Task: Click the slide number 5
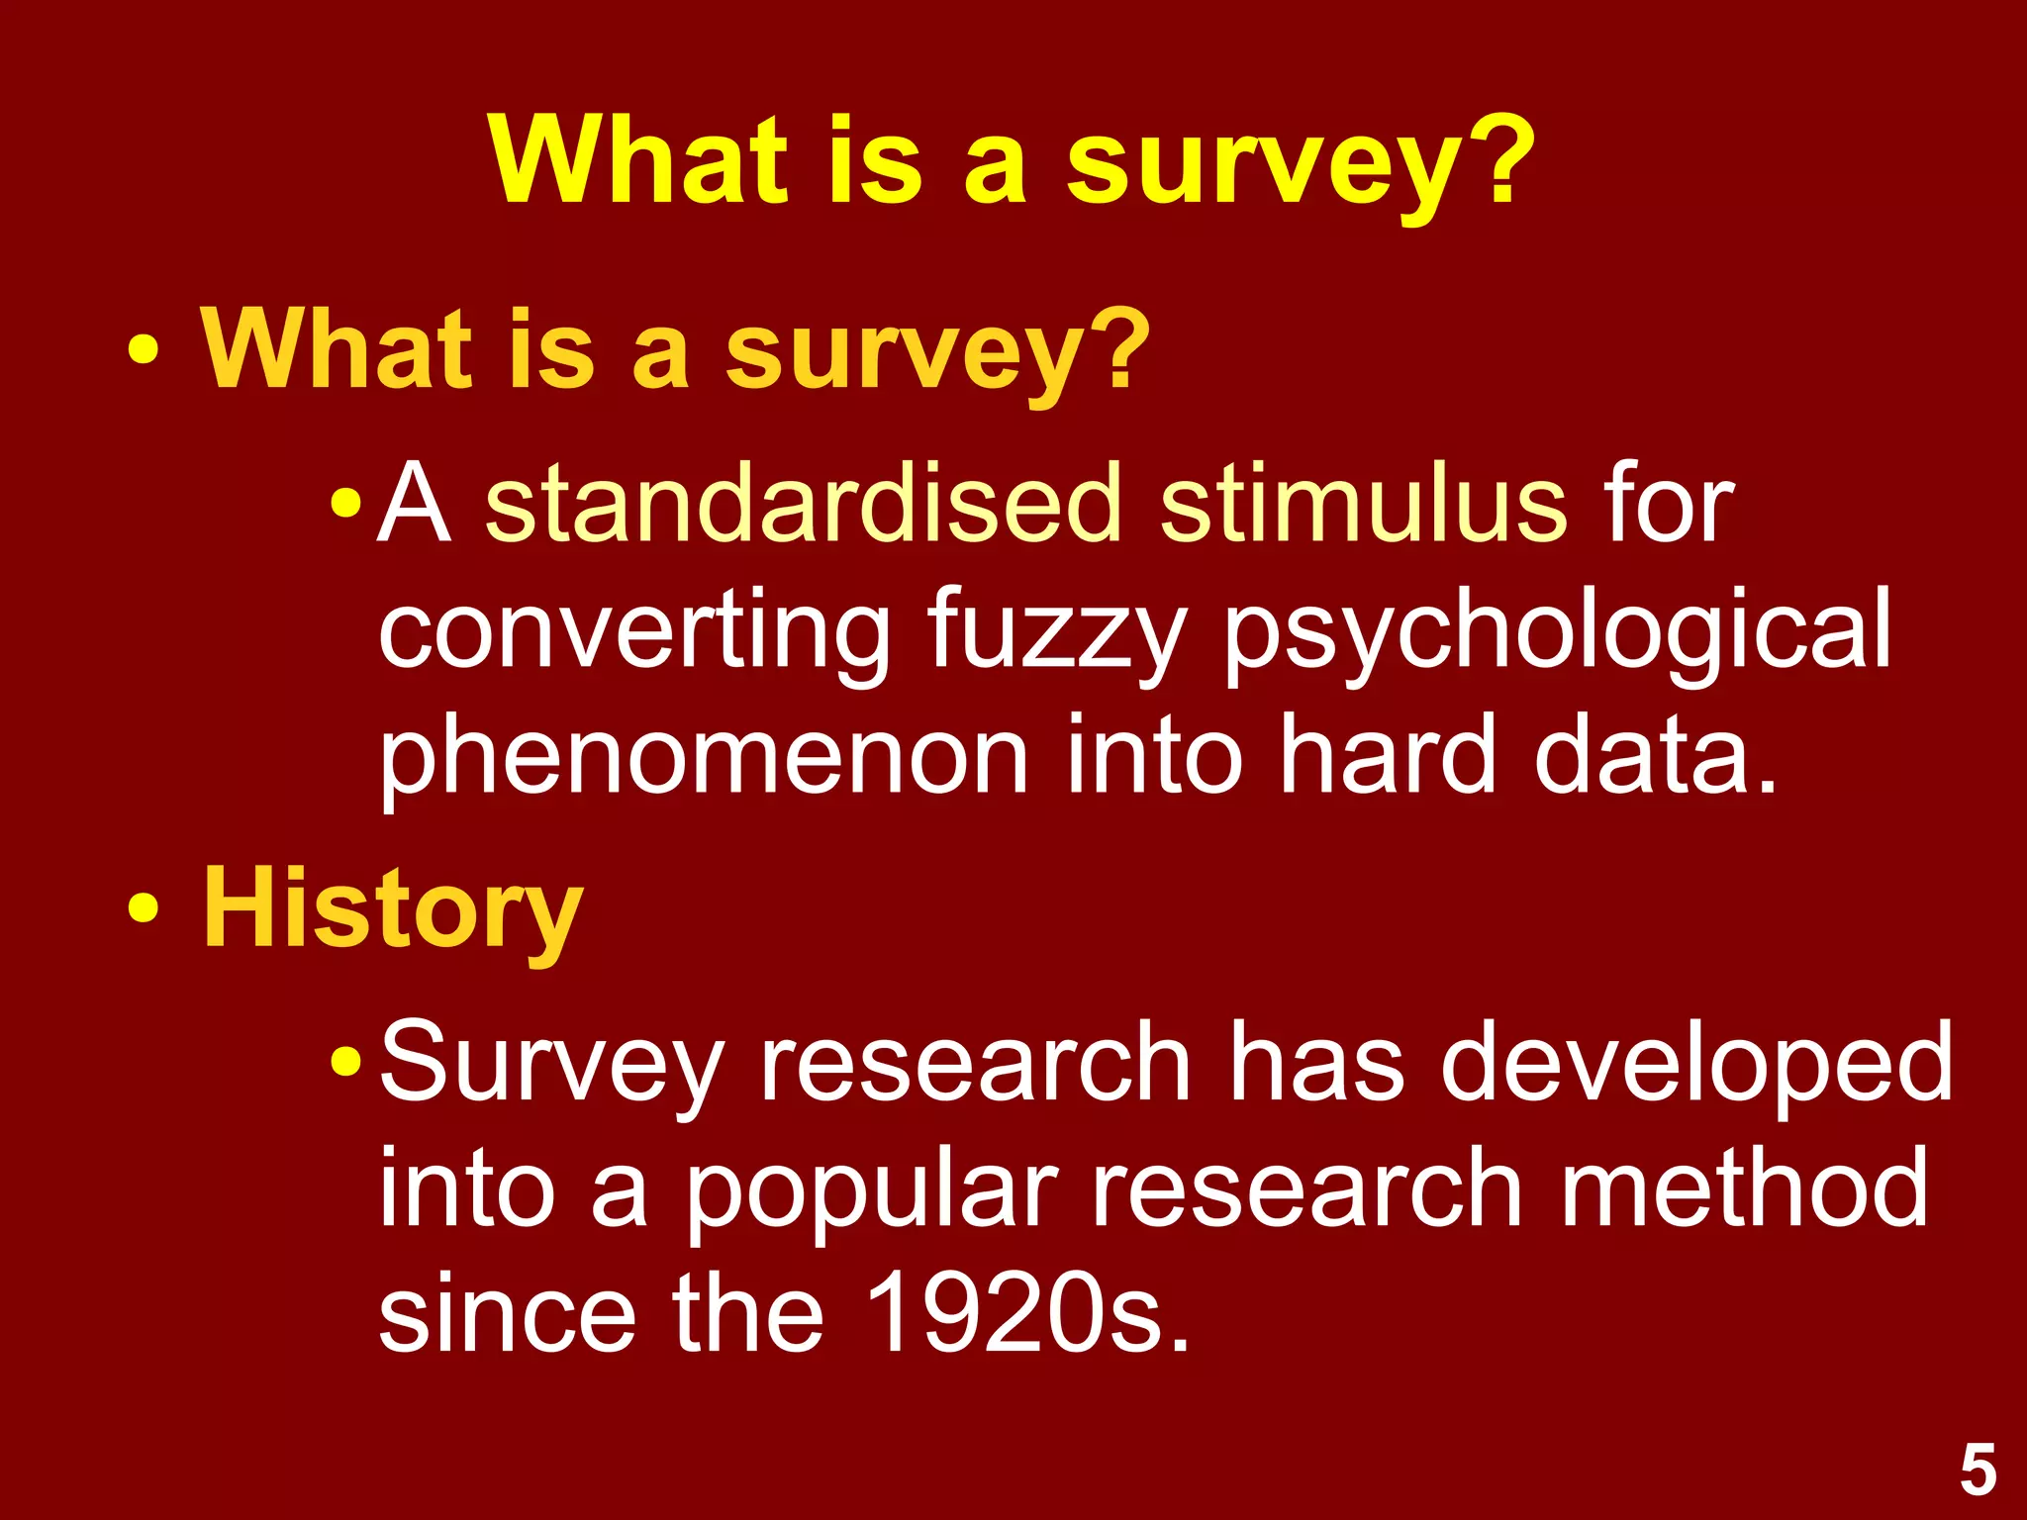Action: (1978, 1471)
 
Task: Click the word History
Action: (393, 908)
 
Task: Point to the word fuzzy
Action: (1057, 633)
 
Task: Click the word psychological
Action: (1558, 633)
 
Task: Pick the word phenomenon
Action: (704, 757)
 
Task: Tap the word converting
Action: (634, 633)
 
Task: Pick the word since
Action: (507, 1314)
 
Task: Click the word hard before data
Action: (1387, 757)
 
